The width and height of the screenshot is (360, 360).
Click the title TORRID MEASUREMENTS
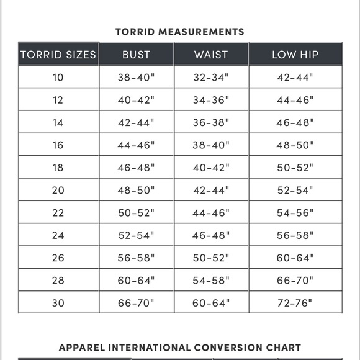tap(180, 32)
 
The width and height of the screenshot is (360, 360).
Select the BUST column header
tap(136, 55)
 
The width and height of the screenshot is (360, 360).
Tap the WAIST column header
tap(211, 55)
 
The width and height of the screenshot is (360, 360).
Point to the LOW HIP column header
tap(295, 55)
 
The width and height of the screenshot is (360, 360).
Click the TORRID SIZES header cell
tap(58, 55)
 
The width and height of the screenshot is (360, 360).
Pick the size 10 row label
tap(58, 78)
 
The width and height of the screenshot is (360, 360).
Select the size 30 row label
tap(58, 303)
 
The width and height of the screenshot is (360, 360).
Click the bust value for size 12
tap(136, 100)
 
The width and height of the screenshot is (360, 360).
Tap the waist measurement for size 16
tap(211, 145)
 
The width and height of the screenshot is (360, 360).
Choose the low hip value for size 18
tap(295, 168)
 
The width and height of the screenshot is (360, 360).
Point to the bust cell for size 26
tap(136, 258)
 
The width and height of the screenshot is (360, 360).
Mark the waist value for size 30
tap(211, 303)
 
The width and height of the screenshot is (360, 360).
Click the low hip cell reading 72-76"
tap(295, 303)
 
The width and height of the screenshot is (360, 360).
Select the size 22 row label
tap(58, 213)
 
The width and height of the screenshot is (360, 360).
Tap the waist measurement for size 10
tap(211, 78)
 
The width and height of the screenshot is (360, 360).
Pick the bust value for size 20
tap(136, 191)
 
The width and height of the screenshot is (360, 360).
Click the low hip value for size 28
tap(295, 281)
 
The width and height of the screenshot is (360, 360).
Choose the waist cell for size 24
tap(211, 235)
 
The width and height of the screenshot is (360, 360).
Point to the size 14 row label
tap(58, 123)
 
